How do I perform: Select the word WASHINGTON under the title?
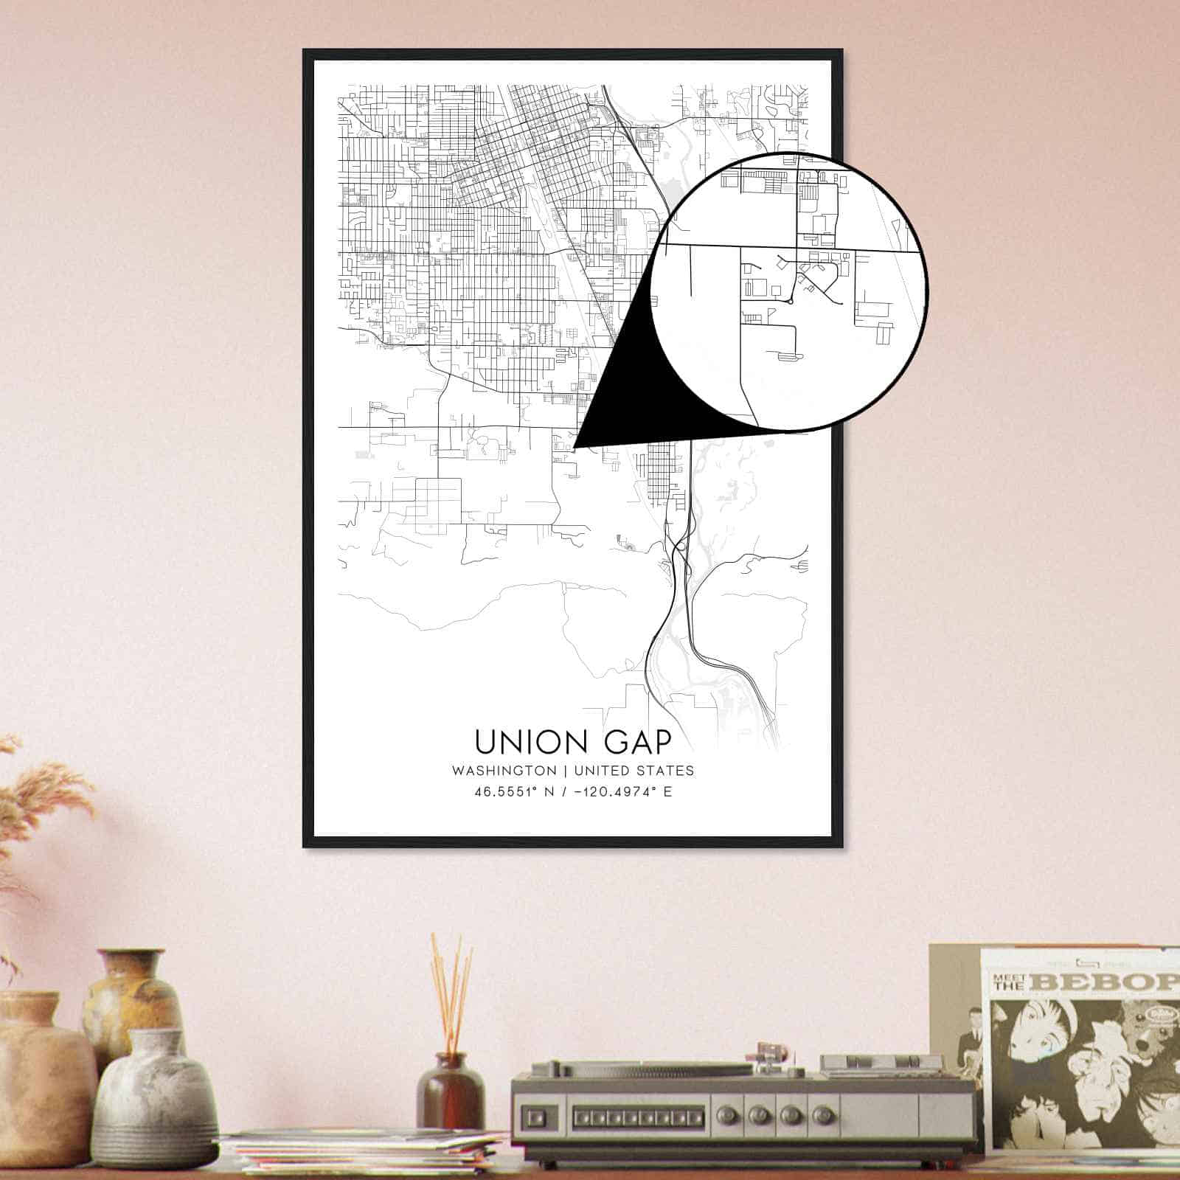pyautogui.click(x=504, y=771)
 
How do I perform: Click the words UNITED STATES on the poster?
pyautogui.click(x=634, y=771)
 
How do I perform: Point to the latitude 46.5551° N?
pyautogui.click(x=516, y=793)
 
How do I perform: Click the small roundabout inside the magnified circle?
pyautogui.click(x=790, y=301)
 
